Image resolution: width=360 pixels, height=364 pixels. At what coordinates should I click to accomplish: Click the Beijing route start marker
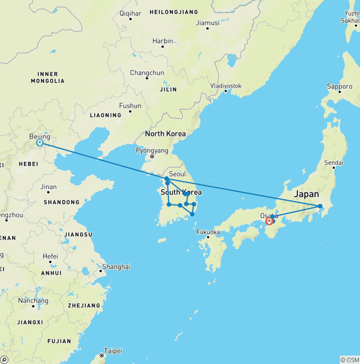click(x=40, y=143)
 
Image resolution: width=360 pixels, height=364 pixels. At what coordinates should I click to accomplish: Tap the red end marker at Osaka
click(x=269, y=221)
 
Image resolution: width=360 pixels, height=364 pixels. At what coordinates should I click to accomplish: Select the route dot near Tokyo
click(x=320, y=206)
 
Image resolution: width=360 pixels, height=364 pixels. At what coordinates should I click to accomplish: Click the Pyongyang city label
click(x=152, y=151)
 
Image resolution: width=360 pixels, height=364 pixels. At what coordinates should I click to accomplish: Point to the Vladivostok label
click(x=226, y=86)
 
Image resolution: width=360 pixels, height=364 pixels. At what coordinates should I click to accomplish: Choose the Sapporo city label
click(x=339, y=86)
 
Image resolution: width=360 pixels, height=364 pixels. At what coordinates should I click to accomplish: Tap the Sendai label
click(x=333, y=163)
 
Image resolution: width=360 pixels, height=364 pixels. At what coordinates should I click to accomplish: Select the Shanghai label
click(x=116, y=266)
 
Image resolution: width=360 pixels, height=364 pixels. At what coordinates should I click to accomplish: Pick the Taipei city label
click(x=113, y=351)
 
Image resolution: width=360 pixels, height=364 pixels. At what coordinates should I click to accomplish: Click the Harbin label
click(x=163, y=41)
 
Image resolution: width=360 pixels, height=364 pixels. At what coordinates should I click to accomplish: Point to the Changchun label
click(x=147, y=73)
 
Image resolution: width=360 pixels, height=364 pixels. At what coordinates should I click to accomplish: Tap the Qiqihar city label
click(x=130, y=13)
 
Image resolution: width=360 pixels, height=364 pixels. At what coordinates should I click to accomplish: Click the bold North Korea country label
click(x=165, y=134)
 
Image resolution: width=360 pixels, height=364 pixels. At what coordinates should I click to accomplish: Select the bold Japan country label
click(x=306, y=194)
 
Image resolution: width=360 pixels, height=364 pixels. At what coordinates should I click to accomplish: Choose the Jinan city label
click(x=48, y=187)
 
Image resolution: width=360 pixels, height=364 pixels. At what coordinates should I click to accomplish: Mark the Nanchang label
click(x=33, y=301)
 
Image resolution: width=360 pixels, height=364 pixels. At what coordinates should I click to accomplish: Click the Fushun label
click(x=130, y=106)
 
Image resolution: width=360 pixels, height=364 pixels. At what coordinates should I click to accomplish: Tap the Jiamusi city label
click(x=208, y=23)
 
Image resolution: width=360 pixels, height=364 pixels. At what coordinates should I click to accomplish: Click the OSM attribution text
click(x=350, y=360)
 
